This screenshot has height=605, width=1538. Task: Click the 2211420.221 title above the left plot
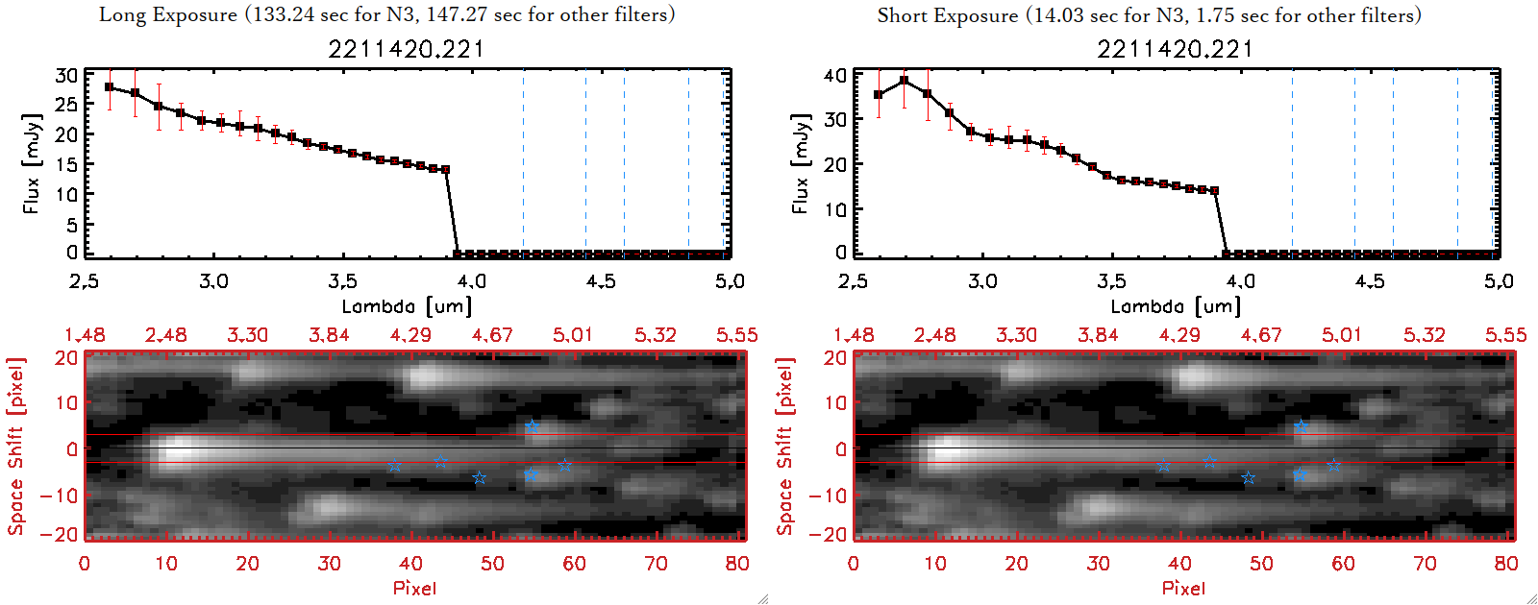pyautogui.click(x=406, y=48)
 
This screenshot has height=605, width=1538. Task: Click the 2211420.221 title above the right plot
pyautogui.click(x=1175, y=48)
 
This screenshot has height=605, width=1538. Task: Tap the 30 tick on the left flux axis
pyautogui.click(x=66, y=76)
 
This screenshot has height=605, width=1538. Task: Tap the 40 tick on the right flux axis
pyautogui.click(x=835, y=76)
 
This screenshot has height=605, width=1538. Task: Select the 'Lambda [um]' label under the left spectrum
pyautogui.click(x=407, y=306)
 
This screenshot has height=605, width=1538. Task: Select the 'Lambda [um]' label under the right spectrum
pyautogui.click(x=1176, y=306)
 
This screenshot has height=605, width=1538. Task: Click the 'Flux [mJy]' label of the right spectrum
pyautogui.click(x=800, y=163)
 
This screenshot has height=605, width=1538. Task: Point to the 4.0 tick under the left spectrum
pyautogui.click(x=471, y=281)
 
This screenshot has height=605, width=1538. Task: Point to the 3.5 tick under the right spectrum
pyautogui.click(x=1111, y=281)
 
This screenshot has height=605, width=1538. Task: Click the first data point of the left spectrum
pyautogui.click(x=110, y=87)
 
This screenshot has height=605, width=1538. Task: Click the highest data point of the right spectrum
pyautogui.click(x=904, y=81)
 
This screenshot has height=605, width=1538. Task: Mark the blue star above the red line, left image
pyautogui.click(x=532, y=426)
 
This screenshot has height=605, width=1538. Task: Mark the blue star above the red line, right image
pyautogui.click(x=1301, y=426)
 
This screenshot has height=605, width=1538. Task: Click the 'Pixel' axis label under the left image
pyautogui.click(x=414, y=588)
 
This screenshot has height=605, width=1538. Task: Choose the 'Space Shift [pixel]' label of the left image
pyautogui.click(x=15, y=447)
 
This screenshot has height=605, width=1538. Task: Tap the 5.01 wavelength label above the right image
pyautogui.click(x=1341, y=335)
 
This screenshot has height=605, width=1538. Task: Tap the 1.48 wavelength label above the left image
pyautogui.click(x=85, y=335)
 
